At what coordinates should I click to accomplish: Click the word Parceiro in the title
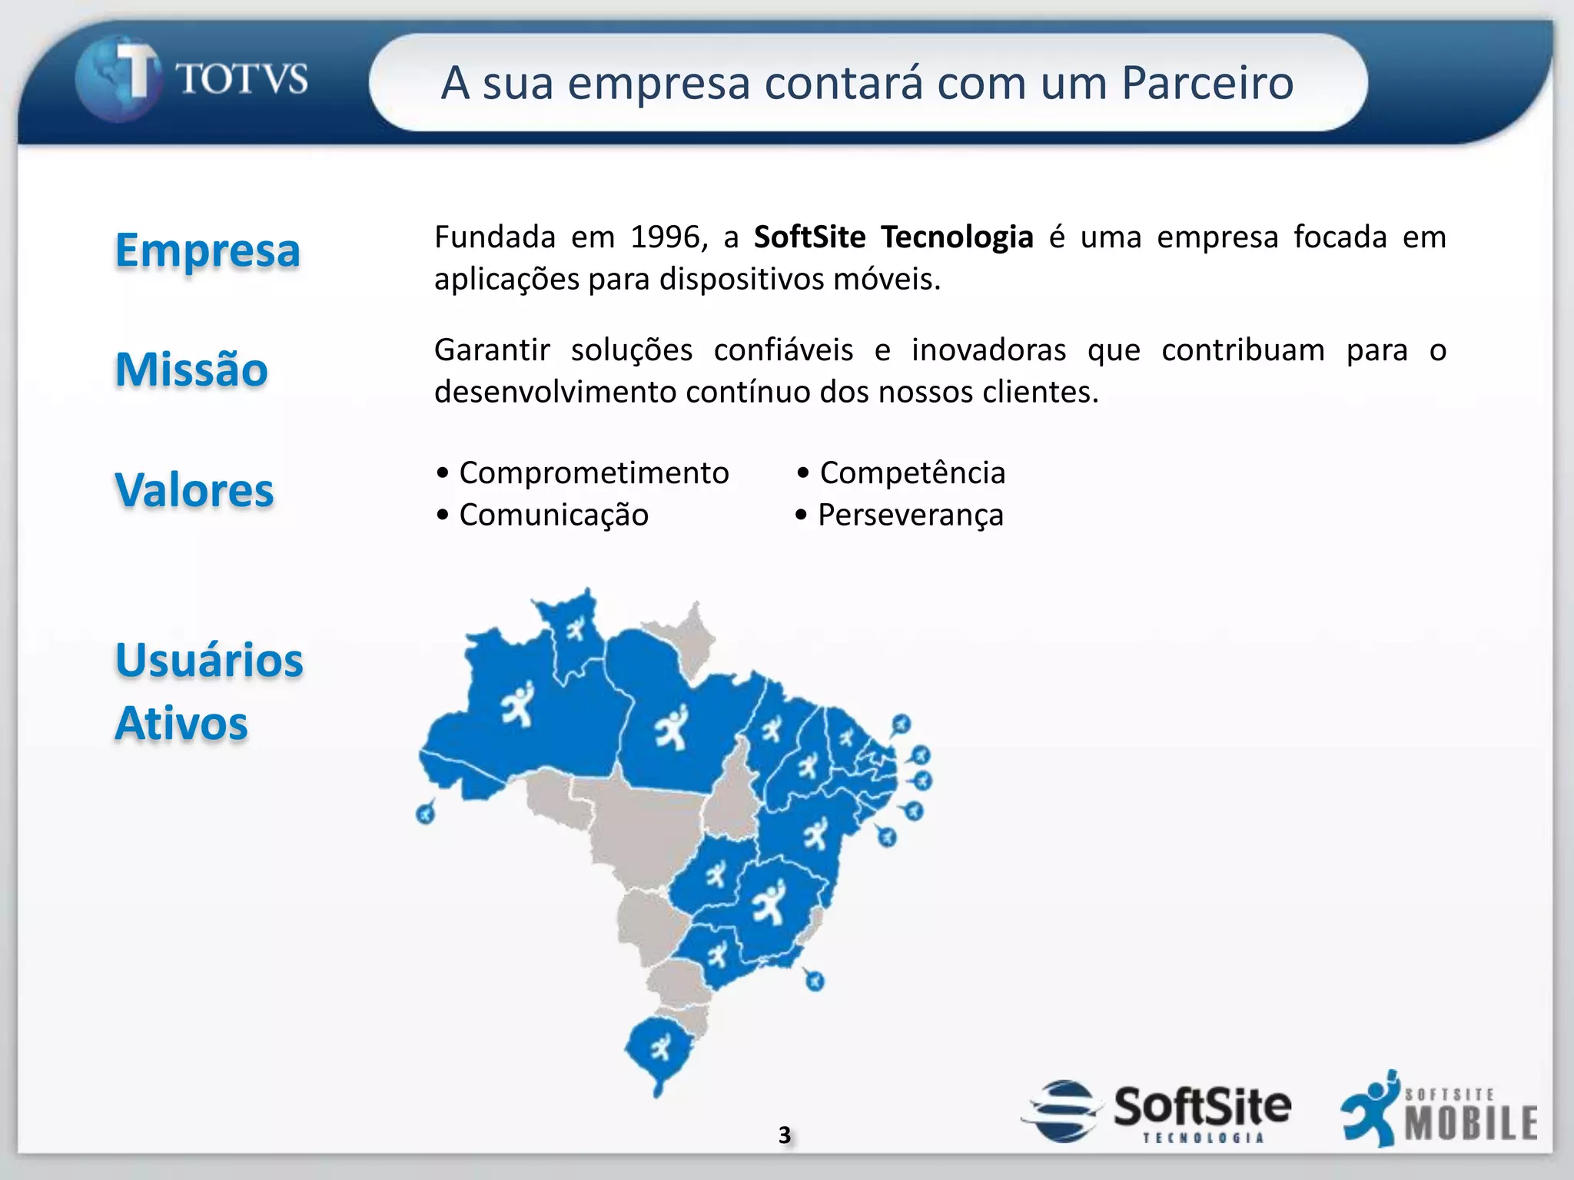pyautogui.click(x=1207, y=83)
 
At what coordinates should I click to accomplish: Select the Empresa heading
pyautogui.click(x=208, y=250)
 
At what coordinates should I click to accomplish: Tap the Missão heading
pyautogui.click(x=191, y=370)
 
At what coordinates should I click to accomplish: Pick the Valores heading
pyautogui.click(x=194, y=490)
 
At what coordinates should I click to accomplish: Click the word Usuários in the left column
pyautogui.click(x=209, y=660)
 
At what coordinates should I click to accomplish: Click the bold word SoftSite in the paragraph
pyautogui.click(x=809, y=237)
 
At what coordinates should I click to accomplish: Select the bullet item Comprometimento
pyautogui.click(x=593, y=473)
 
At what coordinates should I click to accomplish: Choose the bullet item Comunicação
pyautogui.click(x=553, y=515)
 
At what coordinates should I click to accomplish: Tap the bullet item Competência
pyautogui.click(x=912, y=473)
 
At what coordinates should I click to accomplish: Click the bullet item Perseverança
pyautogui.click(x=911, y=515)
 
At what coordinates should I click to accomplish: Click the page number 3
pyautogui.click(x=784, y=1135)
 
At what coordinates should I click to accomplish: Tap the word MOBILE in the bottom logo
pyautogui.click(x=1471, y=1123)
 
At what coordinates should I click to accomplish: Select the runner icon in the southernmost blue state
pyautogui.click(x=659, y=1046)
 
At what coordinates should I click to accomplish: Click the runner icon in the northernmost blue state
pyautogui.click(x=575, y=631)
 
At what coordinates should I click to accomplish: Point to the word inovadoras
pyautogui.click(x=988, y=350)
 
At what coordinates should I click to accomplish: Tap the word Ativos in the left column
pyautogui.click(x=181, y=724)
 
